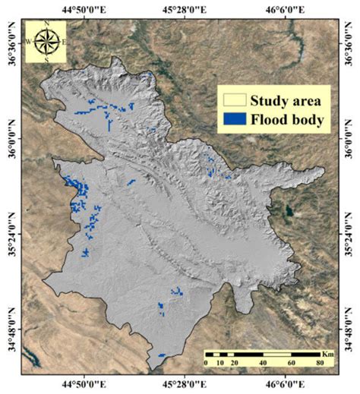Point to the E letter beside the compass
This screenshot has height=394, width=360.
click(65, 43)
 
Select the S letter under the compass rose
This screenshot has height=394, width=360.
click(46, 58)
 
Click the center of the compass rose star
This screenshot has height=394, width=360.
click(46, 43)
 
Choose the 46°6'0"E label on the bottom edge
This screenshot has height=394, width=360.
click(286, 386)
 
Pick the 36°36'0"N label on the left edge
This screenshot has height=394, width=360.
click(10, 55)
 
